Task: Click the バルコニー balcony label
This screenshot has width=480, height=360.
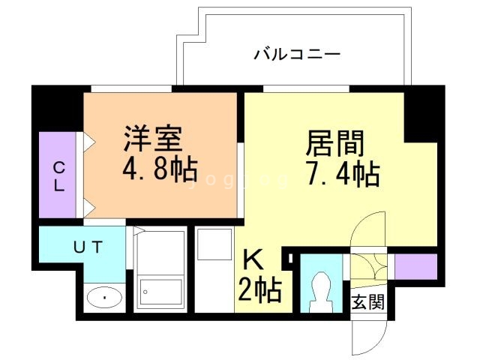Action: pos(297,54)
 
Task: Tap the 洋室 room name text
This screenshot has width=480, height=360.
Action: pos(154,140)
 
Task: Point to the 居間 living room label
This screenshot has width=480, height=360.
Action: pos(334,142)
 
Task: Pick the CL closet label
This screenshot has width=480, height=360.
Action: pos(58,175)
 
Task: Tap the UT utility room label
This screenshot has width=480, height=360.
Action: pos(88,245)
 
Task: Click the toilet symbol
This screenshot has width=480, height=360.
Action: pos(320,289)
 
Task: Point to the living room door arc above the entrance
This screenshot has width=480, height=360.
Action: pos(372,229)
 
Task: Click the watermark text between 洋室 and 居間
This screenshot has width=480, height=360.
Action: pos(240,179)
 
